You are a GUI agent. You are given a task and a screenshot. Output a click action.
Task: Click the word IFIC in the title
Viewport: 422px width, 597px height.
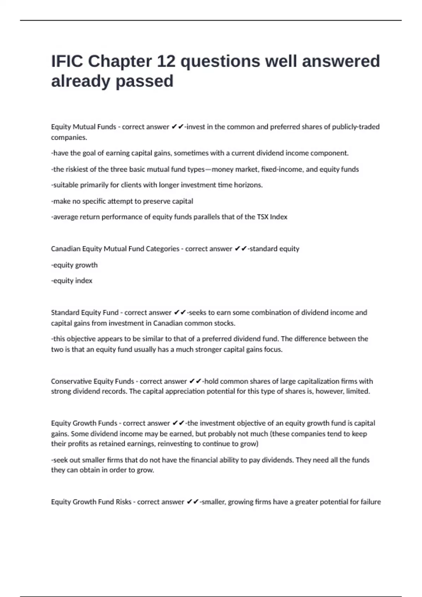click(x=67, y=61)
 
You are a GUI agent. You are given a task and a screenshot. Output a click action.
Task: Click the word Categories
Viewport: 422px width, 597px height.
click(x=162, y=249)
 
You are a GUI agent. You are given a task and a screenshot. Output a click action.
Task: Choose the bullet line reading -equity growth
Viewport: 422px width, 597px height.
click(x=74, y=265)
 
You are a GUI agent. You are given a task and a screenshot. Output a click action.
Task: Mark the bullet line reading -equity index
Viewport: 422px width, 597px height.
click(x=72, y=281)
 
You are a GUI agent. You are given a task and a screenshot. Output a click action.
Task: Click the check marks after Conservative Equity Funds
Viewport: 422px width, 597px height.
click(x=195, y=381)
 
